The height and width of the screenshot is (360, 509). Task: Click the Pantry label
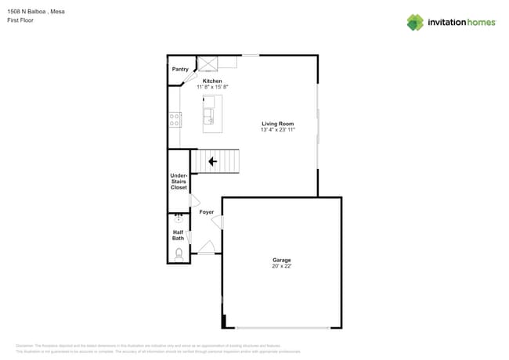180,69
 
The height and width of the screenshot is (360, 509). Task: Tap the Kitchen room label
212,81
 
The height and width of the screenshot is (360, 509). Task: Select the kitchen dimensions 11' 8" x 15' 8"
212,87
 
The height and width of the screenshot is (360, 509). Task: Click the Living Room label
277,124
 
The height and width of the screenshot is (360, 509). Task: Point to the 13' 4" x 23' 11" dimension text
277,130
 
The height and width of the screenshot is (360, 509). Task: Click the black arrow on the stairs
212,162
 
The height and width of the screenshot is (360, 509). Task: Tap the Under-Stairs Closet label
179,182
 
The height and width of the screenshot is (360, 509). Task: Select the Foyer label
206,212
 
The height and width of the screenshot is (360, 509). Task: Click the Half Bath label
178,235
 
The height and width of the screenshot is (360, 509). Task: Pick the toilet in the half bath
179,253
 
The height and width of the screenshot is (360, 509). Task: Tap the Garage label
281,260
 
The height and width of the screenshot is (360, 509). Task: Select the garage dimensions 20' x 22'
281,266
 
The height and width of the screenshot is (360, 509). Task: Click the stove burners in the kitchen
175,119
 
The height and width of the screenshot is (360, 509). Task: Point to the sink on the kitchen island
208,117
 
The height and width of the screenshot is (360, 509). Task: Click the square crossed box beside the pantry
208,63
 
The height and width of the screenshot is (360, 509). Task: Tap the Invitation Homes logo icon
415,23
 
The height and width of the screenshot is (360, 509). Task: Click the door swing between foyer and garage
217,222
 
